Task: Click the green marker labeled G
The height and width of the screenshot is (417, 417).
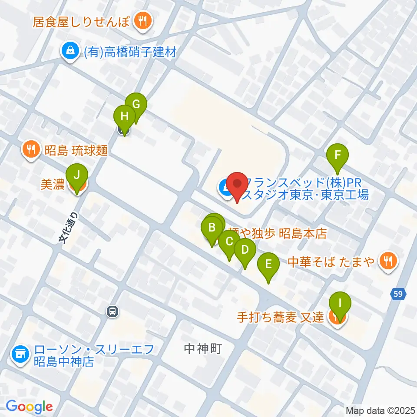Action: (x=136, y=105)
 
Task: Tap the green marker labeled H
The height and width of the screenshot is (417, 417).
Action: (x=125, y=117)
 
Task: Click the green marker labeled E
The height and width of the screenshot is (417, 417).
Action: (x=268, y=264)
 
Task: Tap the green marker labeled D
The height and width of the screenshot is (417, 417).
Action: (x=245, y=250)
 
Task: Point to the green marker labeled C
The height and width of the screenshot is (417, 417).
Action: (x=229, y=242)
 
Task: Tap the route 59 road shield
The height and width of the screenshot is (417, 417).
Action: (x=399, y=294)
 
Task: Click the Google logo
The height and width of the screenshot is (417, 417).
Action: (x=29, y=407)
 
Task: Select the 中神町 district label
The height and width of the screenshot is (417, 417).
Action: (x=203, y=348)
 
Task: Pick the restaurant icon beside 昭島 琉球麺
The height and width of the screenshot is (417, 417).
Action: (x=30, y=150)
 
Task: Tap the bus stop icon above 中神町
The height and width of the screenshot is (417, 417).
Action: (x=113, y=311)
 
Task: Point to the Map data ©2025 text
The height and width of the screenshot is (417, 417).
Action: (x=380, y=410)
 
